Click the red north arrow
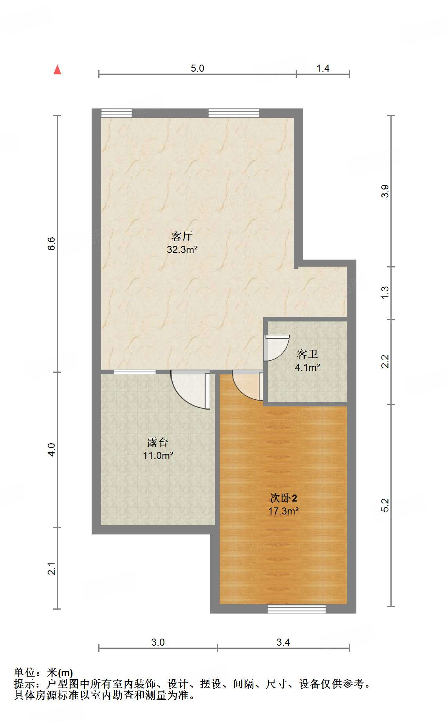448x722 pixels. [58, 70]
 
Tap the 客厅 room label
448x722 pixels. [182, 236]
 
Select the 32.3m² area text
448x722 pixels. [182, 249]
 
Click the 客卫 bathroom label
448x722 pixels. [307, 354]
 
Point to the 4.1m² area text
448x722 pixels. [307, 367]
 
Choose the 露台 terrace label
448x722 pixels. [158, 442]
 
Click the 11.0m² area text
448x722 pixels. [158, 455]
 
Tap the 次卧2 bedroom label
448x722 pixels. [284, 498]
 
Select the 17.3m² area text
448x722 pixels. [284, 511]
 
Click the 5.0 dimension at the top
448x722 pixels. [197, 68]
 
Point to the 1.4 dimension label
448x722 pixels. [323, 68]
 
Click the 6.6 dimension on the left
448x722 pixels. [52, 244]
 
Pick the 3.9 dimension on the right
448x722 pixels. [385, 191]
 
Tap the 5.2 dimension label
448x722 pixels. [385, 505]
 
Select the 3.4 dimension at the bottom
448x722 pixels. [283, 642]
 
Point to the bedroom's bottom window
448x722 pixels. [296, 609]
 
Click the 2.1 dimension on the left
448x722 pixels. [52, 569]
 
